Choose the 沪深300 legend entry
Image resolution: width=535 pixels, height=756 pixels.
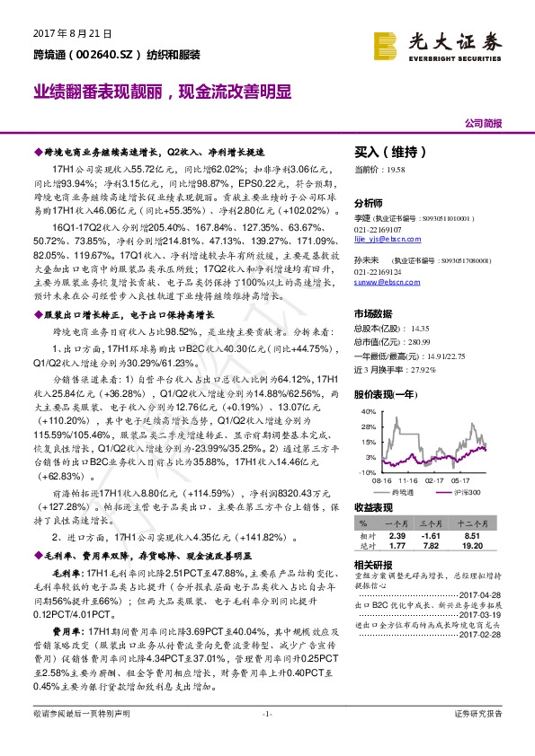(461, 493)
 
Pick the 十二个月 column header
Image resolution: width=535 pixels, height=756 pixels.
(477, 522)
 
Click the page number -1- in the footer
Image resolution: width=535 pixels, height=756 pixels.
(266, 738)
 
